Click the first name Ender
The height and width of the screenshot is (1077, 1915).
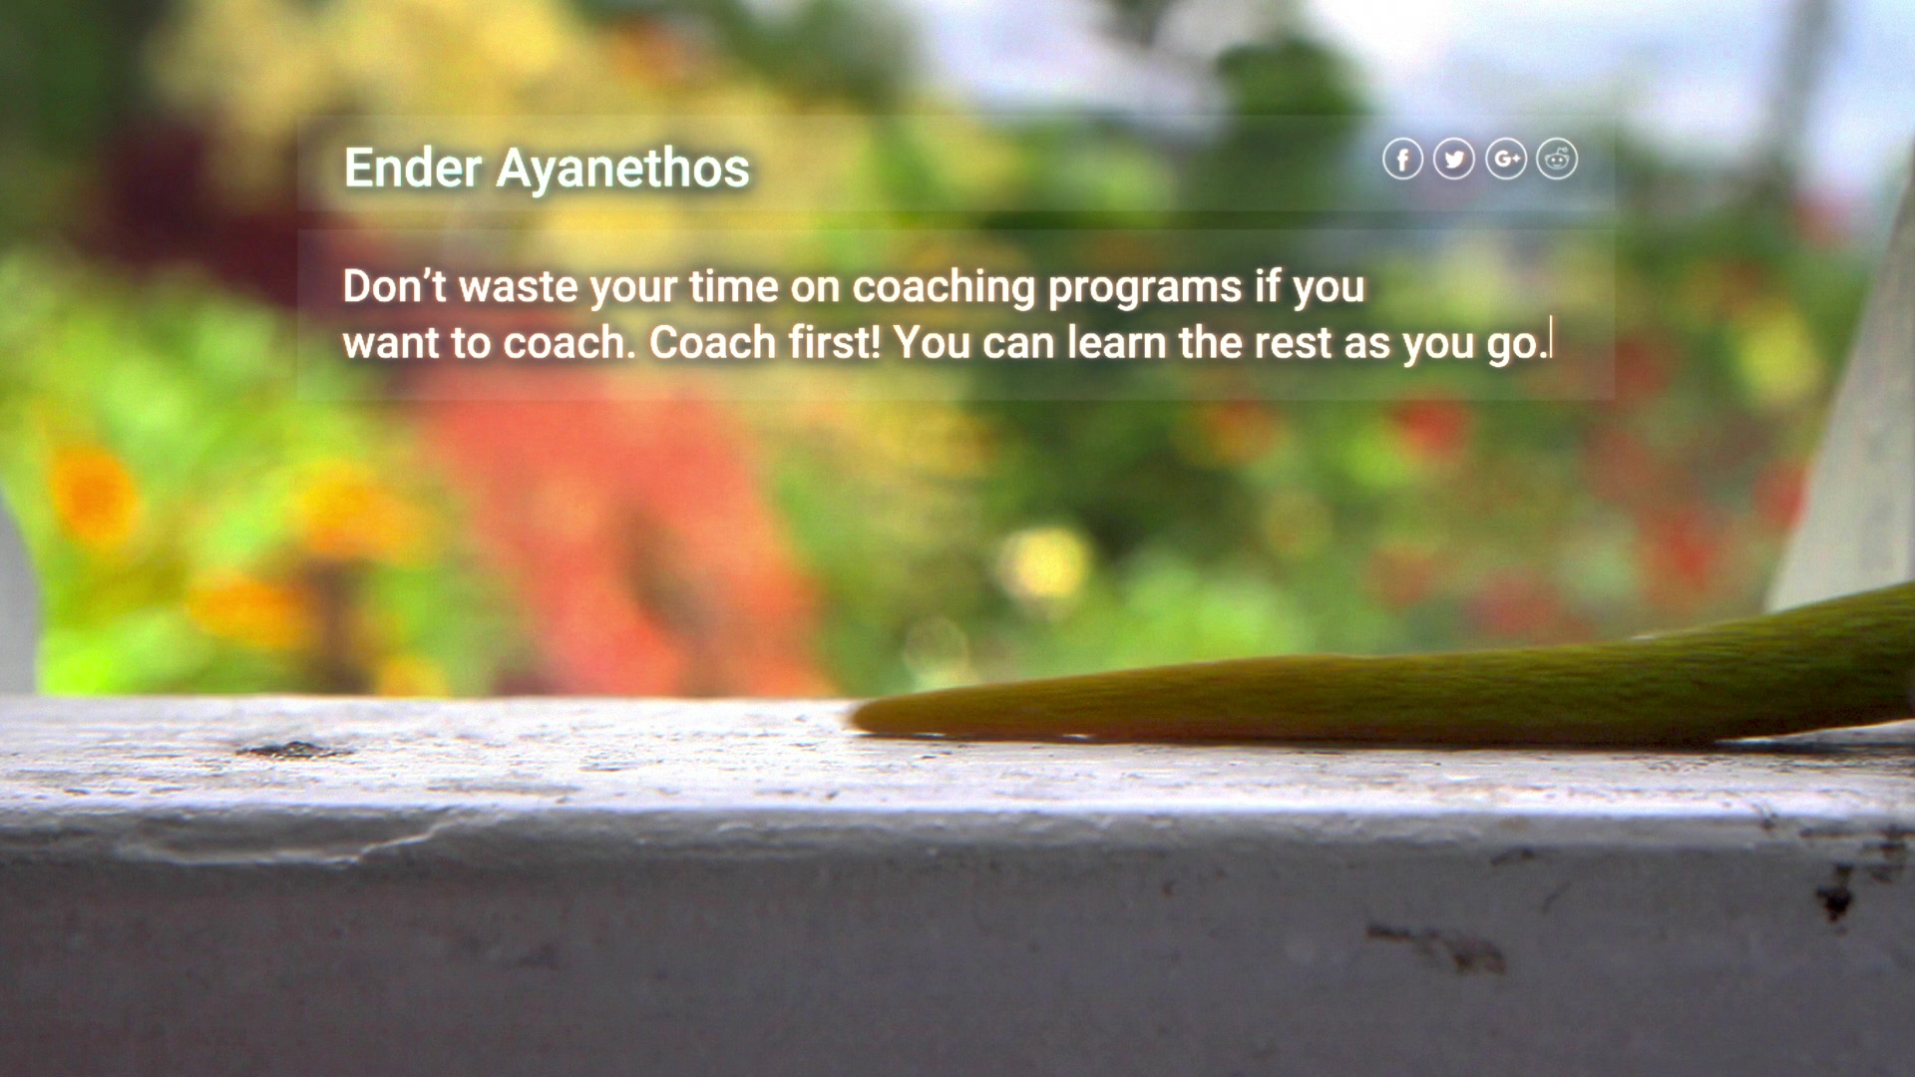pyautogui.click(x=413, y=168)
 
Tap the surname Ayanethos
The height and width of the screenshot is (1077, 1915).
pyautogui.click(x=623, y=171)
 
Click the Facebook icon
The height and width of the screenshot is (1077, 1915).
pyautogui.click(x=1402, y=159)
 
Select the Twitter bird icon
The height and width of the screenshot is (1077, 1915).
pyautogui.click(x=1454, y=159)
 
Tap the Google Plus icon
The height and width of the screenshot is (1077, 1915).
pyautogui.click(x=1506, y=159)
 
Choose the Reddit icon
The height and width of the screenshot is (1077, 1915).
pyautogui.click(x=1557, y=159)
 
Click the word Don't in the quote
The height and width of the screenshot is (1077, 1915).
pyautogui.click(x=394, y=286)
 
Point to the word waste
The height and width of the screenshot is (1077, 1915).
pyautogui.click(x=518, y=287)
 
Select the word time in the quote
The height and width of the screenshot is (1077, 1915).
pyautogui.click(x=734, y=286)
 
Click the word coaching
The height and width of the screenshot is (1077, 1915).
pyautogui.click(x=945, y=289)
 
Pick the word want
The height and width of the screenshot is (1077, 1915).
pyautogui.click(x=391, y=344)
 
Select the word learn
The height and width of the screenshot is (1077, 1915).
pyautogui.click(x=1117, y=342)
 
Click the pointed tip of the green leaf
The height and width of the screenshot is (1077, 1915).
pyautogui.click(x=854, y=716)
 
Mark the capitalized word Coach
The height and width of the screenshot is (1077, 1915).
pyautogui.click(x=712, y=342)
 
